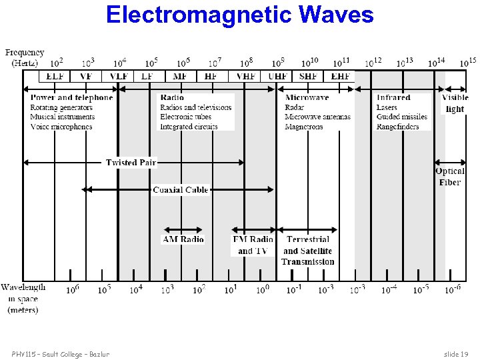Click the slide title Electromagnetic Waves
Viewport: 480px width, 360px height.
pyautogui.click(x=239, y=15)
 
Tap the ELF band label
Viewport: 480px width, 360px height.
pyautogui.click(x=55, y=77)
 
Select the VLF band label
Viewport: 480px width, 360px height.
pyautogui.click(x=119, y=77)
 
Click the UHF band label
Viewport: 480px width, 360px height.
pyautogui.click(x=278, y=77)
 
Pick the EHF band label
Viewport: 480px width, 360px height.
pyautogui.click(x=341, y=77)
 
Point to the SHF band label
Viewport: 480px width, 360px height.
pyautogui.click(x=309, y=77)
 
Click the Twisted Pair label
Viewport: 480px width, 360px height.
pyautogui.click(x=131, y=163)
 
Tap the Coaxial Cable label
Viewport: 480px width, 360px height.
pyautogui.click(x=181, y=190)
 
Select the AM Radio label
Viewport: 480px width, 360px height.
pyautogui.click(x=183, y=239)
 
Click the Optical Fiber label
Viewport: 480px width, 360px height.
pyautogui.click(x=450, y=177)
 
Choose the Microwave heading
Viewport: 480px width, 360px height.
pyautogui.click(x=307, y=98)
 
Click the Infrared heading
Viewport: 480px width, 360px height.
pyautogui.click(x=393, y=98)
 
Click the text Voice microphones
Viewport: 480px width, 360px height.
pyautogui.click(x=61, y=127)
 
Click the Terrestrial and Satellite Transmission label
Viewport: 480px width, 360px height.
pyautogui.click(x=307, y=251)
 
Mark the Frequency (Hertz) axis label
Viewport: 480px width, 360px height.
pyautogui.click(x=25, y=58)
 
